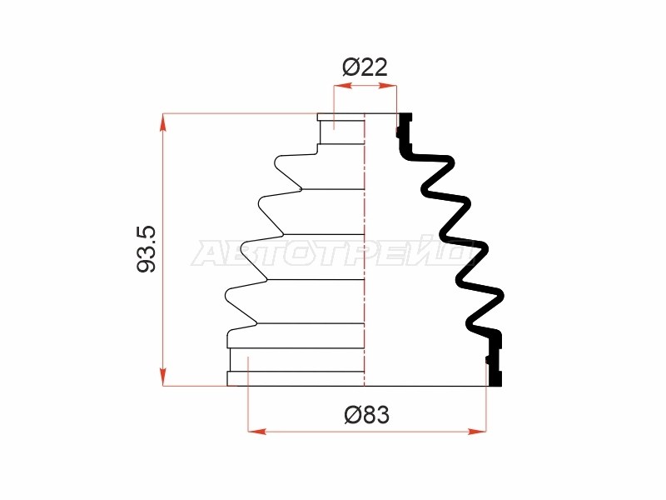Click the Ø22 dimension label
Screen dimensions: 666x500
pyautogui.click(x=365, y=67)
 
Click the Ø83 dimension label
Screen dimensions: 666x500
pyautogui.click(x=366, y=414)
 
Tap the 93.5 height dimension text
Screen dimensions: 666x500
pyautogui.click(x=147, y=249)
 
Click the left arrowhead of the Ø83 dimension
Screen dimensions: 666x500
pyautogui.click(x=257, y=431)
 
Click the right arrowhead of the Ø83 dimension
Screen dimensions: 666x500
pyautogui.click(x=477, y=431)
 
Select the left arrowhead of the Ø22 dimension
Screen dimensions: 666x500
pyautogui.click(x=343, y=86)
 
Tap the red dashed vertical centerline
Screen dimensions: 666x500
pyautogui.click(x=365, y=249)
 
